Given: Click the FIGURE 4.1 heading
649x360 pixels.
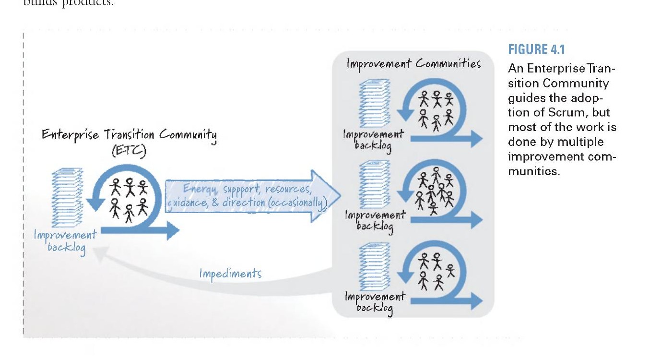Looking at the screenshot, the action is pyautogui.click(x=536, y=49).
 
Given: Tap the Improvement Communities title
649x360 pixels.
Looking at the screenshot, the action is pyautogui.click(x=414, y=64).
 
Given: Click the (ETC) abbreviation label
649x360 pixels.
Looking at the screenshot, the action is pyautogui.click(x=129, y=151).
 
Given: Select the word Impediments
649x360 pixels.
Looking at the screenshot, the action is pyautogui.click(x=230, y=274).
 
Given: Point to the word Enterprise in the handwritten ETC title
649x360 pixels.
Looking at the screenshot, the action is pyautogui.click(x=70, y=135).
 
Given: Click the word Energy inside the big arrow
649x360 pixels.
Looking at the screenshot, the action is pyautogui.click(x=200, y=189).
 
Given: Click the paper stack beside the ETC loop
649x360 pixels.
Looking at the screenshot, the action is pyautogui.click(x=67, y=198).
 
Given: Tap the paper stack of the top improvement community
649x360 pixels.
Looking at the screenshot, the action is pyautogui.click(x=374, y=103).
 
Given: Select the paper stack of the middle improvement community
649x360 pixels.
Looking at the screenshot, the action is pyautogui.click(x=374, y=184).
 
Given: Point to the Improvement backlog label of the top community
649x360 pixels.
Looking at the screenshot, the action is pyautogui.click(x=373, y=140).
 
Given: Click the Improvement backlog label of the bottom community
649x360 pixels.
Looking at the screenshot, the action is pyautogui.click(x=375, y=302).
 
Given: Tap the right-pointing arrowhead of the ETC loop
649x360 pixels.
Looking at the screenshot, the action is pyautogui.click(x=173, y=231).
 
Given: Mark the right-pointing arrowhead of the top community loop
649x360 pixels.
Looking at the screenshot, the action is pyautogui.click(x=477, y=139).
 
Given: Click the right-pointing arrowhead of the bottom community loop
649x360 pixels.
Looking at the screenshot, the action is pyautogui.click(x=477, y=301).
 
